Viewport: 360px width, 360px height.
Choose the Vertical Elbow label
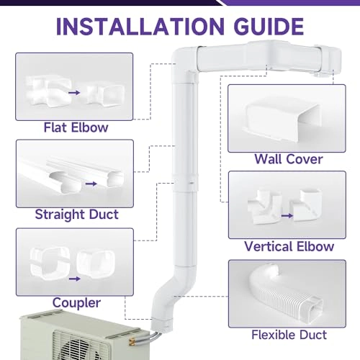click(289, 246)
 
